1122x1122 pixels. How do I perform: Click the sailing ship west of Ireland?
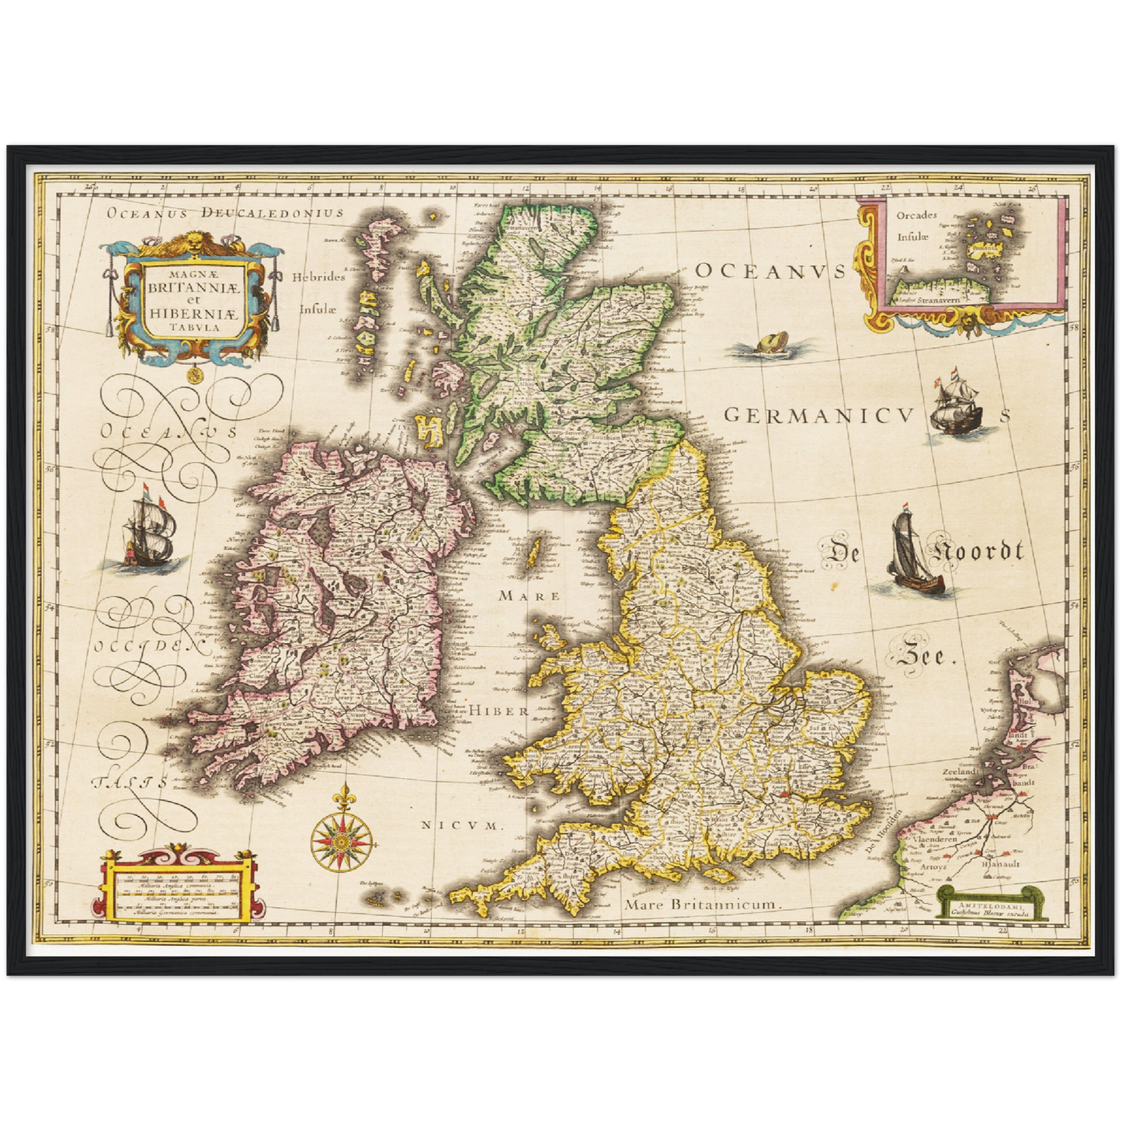(x=150, y=532)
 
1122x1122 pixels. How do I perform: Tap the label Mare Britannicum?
(x=702, y=905)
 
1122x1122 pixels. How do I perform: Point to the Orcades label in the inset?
(x=916, y=215)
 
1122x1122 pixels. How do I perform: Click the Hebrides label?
(x=318, y=276)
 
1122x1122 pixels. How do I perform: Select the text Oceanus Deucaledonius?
(x=225, y=212)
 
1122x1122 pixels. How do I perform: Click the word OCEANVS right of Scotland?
(x=769, y=271)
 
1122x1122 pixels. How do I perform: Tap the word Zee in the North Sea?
(x=923, y=657)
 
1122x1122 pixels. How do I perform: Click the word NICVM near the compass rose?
(x=463, y=825)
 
